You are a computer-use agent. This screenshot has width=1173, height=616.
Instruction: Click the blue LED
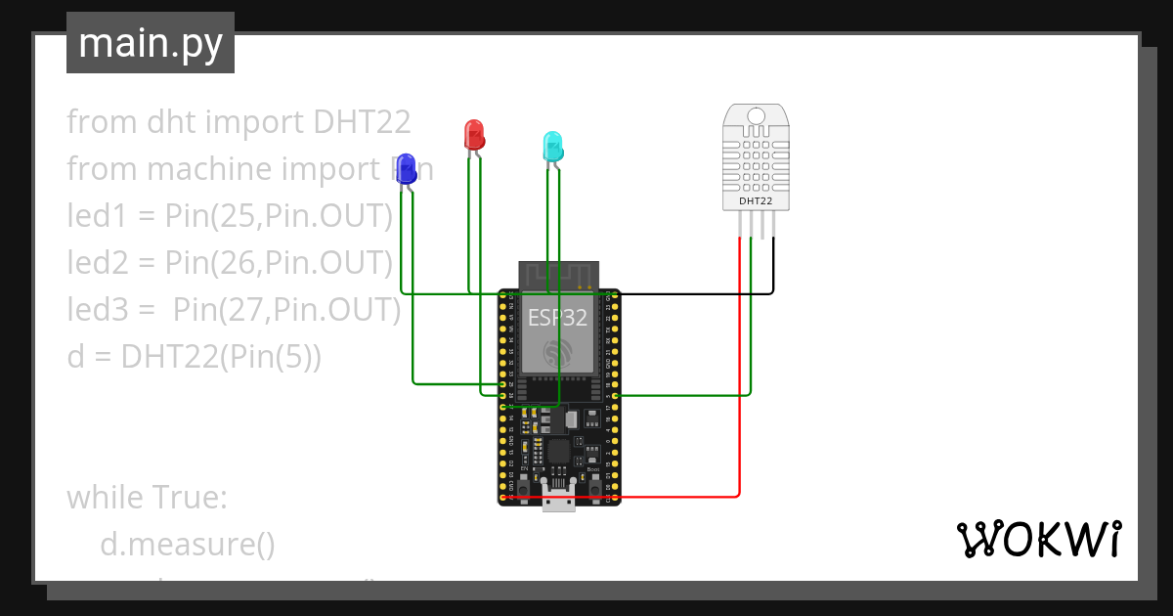tap(405, 169)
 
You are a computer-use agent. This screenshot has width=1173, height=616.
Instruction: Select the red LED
tap(473, 135)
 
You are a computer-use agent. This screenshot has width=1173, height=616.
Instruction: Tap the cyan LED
tap(553, 146)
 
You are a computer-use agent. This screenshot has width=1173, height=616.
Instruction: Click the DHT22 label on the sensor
tap(756, 201)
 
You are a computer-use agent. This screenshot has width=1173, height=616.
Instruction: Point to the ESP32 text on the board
tap(557, 318)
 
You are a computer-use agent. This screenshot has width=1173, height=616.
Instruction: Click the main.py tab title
tap(151, 43)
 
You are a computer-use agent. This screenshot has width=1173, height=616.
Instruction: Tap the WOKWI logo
tap(1037, 539)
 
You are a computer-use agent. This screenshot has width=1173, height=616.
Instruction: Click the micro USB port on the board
tap(559, 501)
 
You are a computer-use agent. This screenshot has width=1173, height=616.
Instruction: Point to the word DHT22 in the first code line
tap(363, 122)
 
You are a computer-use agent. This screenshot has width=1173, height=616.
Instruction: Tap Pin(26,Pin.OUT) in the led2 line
tap(279, 263)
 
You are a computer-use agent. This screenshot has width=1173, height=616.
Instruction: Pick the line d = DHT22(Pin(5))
tap(194, 356)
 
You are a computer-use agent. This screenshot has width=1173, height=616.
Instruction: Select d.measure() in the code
tap(188, 544)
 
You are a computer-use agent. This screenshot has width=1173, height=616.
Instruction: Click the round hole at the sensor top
tap(756, 117)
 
